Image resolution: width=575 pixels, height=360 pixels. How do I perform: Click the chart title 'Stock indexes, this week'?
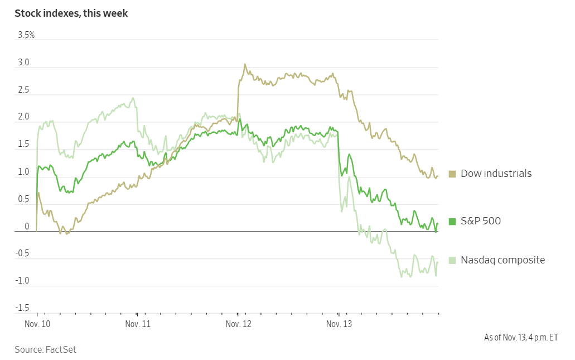pos(71,13)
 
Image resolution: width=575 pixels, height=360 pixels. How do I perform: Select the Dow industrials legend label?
pos(496,174)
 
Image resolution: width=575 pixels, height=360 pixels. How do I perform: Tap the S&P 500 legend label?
pos(480,221)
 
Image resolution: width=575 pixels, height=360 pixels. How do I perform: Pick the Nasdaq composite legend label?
pos(502,260)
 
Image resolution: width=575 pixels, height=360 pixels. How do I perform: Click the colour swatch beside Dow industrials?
pos(452,174)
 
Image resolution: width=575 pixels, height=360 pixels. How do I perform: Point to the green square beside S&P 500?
pos(452,222)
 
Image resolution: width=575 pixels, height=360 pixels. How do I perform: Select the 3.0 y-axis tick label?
pos(23,63)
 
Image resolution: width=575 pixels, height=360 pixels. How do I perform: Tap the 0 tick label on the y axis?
pos(26,227)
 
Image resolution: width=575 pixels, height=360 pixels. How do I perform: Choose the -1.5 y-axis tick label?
pos(22,308)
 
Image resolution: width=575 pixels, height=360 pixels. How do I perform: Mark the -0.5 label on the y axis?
pos(22,253)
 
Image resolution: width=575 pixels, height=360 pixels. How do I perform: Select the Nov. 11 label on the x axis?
pos(138,324)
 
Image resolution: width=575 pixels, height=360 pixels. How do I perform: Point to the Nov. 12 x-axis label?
pos(238,324)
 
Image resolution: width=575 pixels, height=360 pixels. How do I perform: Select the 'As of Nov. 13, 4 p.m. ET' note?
pos(520,337)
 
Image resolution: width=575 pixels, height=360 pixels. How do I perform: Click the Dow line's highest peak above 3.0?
pos(244,65)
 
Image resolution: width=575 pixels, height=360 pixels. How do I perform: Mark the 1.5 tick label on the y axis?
pos(23,145)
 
